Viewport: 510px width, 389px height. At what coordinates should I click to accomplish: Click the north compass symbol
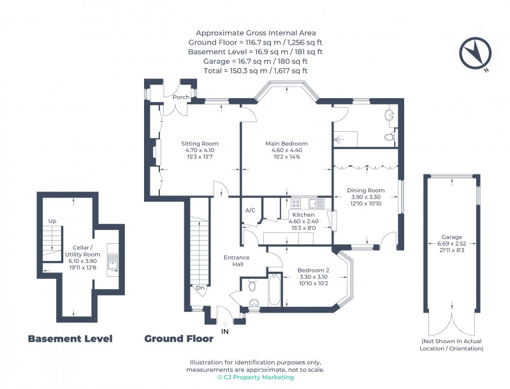pos(472,53)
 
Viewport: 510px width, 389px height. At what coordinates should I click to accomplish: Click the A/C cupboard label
pos(251,210)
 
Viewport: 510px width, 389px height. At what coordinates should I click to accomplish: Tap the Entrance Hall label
pos(237,261)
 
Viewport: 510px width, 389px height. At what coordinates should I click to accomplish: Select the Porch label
pos(180,97)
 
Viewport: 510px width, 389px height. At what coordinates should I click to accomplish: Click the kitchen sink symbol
pos(317,204)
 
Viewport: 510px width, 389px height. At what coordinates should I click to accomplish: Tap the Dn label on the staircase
pos(200,287)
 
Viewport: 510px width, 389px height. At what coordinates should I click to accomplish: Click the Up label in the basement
pos(52,221)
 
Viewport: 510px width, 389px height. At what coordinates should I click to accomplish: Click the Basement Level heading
pos(70,339)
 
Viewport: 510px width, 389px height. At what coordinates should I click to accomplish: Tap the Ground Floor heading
pos(179,339)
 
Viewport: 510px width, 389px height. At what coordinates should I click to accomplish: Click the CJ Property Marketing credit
pos(255,378)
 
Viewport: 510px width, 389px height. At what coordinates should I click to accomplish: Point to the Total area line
pos(255,71)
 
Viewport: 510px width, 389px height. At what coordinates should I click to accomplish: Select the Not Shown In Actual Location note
pos(451,345)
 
